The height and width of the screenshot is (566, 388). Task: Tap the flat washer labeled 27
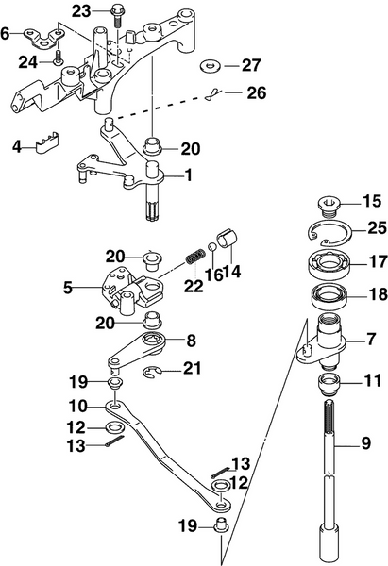coord(210,67)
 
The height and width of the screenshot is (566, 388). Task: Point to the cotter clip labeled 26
coord(217,94)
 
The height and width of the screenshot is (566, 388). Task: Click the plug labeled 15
coord(329,202)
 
